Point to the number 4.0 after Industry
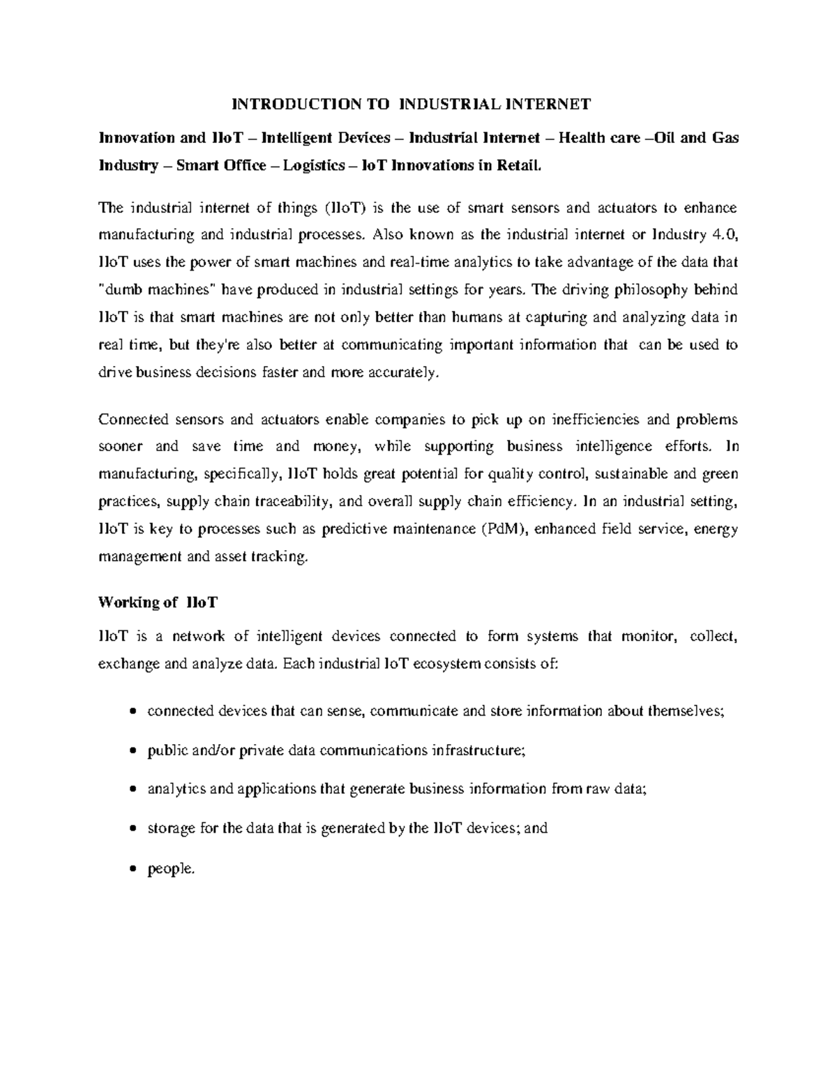click(x=725, y=234)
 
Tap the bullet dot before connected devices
click(x=134, y=713)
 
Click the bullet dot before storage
click(x=134, y=830)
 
